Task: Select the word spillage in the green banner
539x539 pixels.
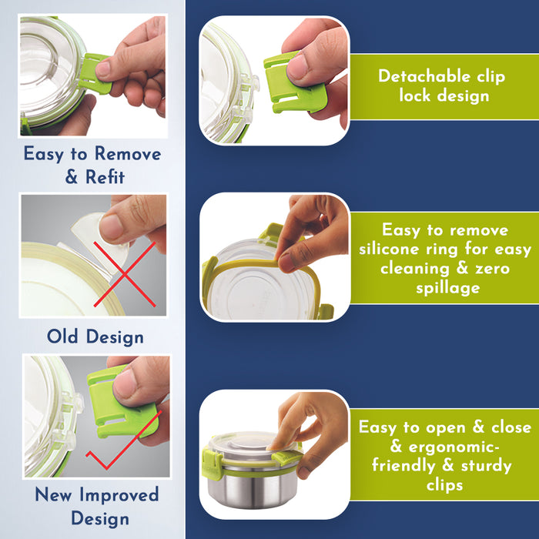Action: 448,288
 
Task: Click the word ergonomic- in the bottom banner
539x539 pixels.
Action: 454,447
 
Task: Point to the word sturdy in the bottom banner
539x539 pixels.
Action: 486,466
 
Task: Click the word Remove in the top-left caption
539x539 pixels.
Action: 128,154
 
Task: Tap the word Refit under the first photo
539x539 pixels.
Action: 105,177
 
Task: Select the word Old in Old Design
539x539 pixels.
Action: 62,336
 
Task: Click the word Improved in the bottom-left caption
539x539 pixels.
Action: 119,495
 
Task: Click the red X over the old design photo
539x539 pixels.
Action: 125,274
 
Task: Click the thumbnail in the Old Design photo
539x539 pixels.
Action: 112,227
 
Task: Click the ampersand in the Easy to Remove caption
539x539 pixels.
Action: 71,177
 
